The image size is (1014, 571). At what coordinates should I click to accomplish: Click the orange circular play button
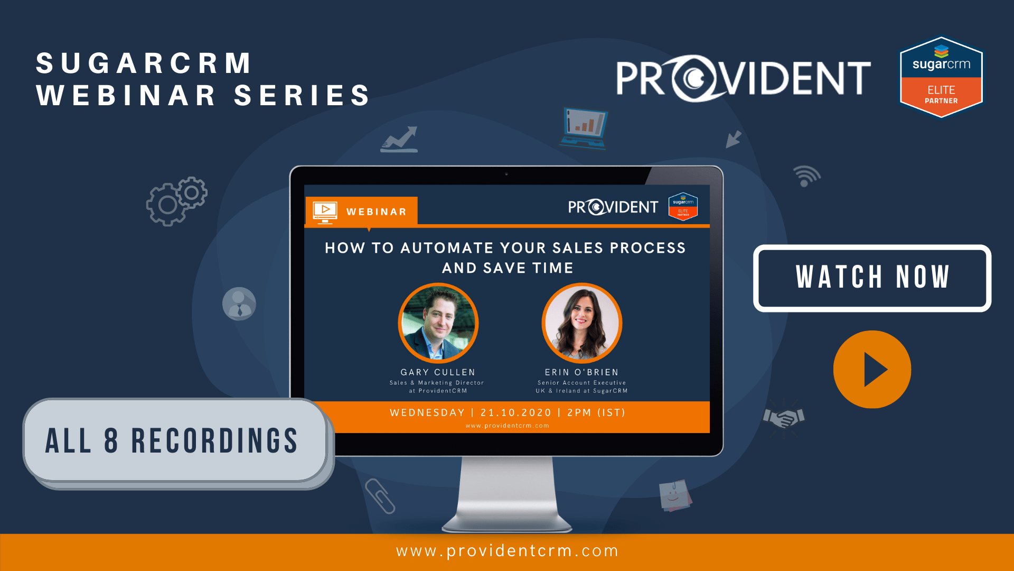coord(872,370)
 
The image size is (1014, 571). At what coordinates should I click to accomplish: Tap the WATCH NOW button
coord(872,278)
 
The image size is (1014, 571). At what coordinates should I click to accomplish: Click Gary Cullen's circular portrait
coord(438,323)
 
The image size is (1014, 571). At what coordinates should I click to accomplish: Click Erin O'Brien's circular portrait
coord(581,323)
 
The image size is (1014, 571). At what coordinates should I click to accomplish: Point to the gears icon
coord(176,201)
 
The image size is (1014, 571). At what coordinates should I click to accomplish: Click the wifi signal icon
coord(806,176)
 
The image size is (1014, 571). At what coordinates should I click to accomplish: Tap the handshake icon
coord(784,418)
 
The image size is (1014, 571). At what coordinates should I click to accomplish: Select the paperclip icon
coord(380,496)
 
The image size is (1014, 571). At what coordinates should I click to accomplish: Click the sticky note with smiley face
coord(674,495)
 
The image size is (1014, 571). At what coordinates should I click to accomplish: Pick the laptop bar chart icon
coord(585,127)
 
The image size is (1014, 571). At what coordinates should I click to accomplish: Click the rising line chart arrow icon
coord(400,140)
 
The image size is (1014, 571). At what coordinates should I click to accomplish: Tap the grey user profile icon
coord(239,304)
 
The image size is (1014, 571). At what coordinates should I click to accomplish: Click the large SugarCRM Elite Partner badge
coord(941,77)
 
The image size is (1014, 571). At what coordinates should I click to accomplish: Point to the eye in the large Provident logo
coord(695,78)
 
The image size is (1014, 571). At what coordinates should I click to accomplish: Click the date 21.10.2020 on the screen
coord(515,412)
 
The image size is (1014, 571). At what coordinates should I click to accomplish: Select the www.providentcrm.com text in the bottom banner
coord(507,551)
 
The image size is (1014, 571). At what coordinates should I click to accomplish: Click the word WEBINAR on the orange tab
coord(377,212)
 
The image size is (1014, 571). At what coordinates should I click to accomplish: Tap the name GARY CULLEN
coord(438,372)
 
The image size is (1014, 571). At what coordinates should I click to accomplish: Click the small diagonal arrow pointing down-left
coord(733,140)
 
